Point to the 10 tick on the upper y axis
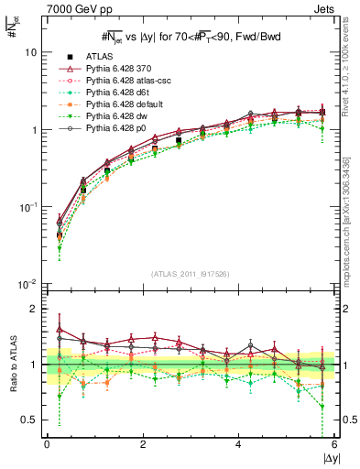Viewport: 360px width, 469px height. tap(31, 52)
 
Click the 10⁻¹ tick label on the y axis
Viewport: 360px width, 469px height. tap(28, 207)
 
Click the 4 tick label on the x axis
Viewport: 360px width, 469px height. tap(238, 444)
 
